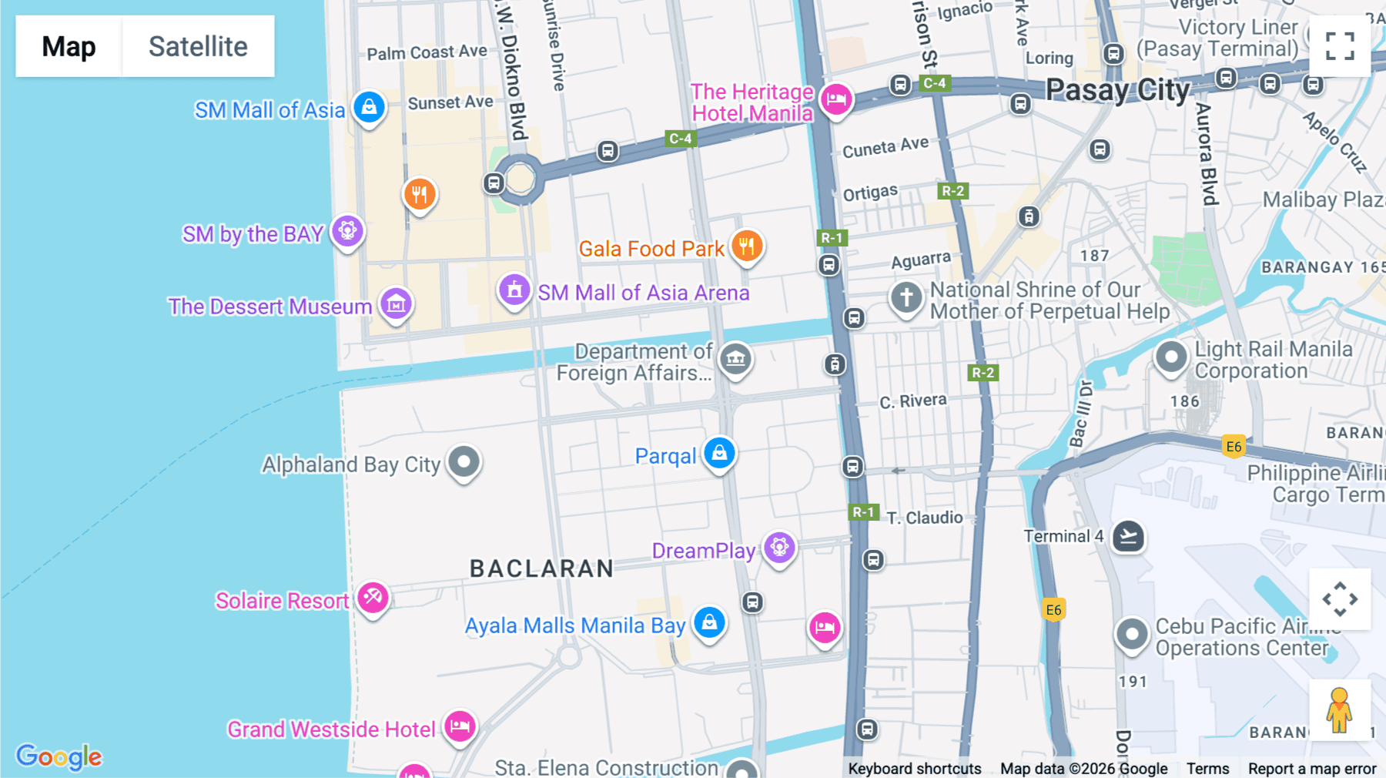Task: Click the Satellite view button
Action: pyautogui.click(x=198, y=46)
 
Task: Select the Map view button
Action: pyautogui.click(x=69, y=46)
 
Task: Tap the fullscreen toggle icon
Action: pyautogui.click(x=1340, y=46)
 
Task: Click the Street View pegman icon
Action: pyautogui.click(x=1339, y=709)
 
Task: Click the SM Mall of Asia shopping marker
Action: pyautogui.click(x=369, y=107)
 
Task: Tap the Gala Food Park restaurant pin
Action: pyautogui.click(x=746, y=246)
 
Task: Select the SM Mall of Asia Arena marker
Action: pyautogui.click(x=514, y=290)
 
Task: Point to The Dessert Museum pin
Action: pyautogui.click(x=396, y=304)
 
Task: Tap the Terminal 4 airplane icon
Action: pyautogui.click(x=1128, y=536)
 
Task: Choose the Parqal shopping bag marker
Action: pyautogui.click(x=719, y=453)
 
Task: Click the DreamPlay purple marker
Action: pyautogui.click(x=779, y=548)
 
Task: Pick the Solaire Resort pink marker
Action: pyautogui.click(x=373, y=598)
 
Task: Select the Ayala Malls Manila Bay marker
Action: pyautogui.click(x=709, y=622)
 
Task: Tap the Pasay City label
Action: pyautogui.click(x=1117, y=90)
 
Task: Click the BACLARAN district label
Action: pyautogui.click(x=542, y=568)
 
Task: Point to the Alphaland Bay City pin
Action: pyautogui.click(x=464, y=462)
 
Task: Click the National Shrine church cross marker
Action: pyautogui.click(x=906, y=297)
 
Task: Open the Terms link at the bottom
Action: pyautogui.click(x=1207, y=768)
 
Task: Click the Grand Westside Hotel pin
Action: pyautogui.click(x=460, y=726)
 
